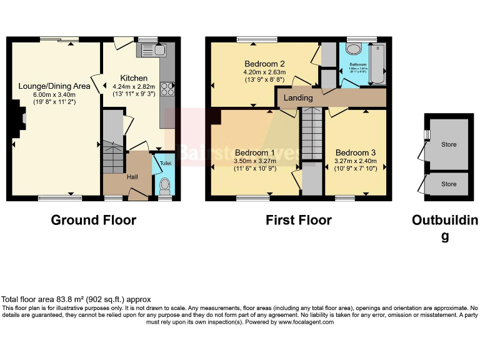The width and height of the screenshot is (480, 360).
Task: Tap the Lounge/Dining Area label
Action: pos(54,86)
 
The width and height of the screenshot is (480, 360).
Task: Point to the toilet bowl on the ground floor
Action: pos(165,186)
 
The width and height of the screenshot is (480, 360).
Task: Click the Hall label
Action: pos(132,177)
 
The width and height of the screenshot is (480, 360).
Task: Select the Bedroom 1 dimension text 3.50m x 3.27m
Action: pos(255,161)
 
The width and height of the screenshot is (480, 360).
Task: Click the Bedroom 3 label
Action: pos(356,152)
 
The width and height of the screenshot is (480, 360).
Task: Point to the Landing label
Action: pos(298,98)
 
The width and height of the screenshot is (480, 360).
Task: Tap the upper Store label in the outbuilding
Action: pos(449,144)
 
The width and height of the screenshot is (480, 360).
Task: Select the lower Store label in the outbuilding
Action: pos(449,184)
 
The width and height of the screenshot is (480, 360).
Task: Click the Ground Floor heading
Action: pos(93,220)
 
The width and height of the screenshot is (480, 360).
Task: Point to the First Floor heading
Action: pos(298,220)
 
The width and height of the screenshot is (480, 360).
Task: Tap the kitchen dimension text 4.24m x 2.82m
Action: pos(136,87)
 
